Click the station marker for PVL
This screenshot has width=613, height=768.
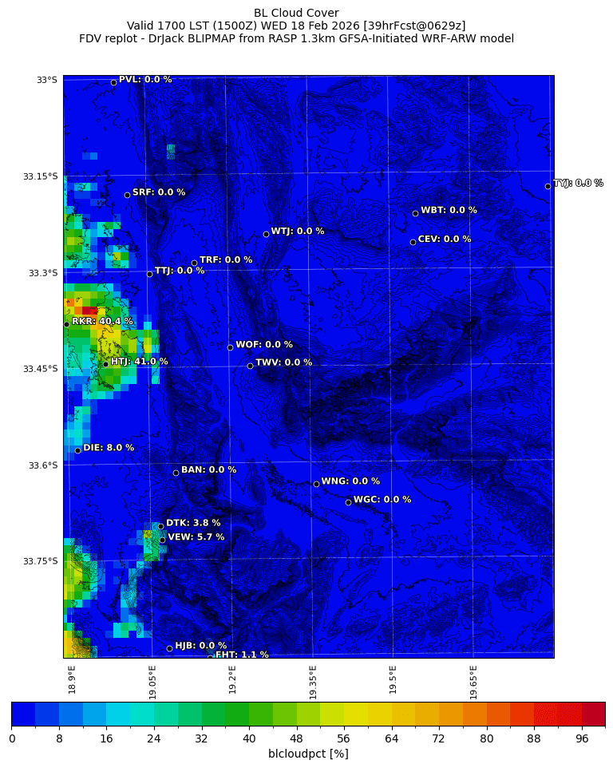[x=113, y=82]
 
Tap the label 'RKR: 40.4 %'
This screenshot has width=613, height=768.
[x=102, y=321]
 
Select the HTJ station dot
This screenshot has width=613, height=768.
[x=105, y=364]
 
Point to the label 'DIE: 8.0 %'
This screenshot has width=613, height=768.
[x=109, y=448]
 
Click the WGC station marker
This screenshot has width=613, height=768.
[x=348, y=502]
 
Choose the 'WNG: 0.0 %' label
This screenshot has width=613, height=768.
[x=350, y=481]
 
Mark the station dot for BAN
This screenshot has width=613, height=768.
[x=176, y=473]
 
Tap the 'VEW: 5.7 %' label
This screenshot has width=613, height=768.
[x=196, y=537]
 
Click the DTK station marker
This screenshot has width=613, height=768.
[x=160, y=526]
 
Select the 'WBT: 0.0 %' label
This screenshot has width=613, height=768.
[x=449, y=210]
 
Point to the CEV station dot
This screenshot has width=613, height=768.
[x=413, y=242]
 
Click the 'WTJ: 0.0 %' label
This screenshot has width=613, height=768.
[x=298, y=232]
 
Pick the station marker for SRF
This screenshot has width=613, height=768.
[x=127, y=195]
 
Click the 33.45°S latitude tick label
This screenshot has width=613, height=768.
[x=40, y=369]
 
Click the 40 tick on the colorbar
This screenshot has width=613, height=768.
[x=249, y=738]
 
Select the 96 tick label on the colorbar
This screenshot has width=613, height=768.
[x=581, y=738]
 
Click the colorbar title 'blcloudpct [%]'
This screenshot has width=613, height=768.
[x=308, y=754]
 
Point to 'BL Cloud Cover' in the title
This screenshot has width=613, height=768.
[x=296, y=13]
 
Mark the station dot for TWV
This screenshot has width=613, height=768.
[x=250, y=366]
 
